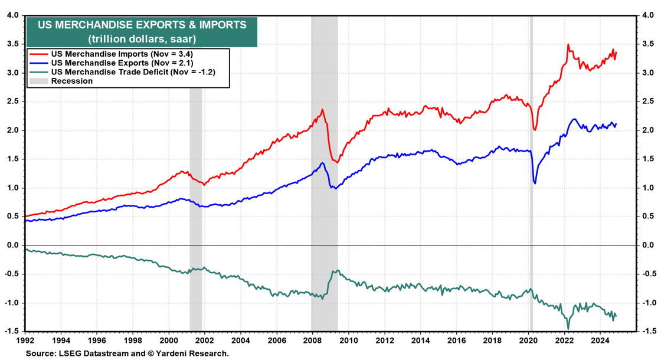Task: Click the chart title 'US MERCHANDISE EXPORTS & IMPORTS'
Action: (142, 25)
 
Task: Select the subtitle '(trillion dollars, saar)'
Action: (142, 39)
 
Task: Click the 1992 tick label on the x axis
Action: (25, 341)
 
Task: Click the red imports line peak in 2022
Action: (568, 44)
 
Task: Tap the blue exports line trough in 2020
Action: (535, 183)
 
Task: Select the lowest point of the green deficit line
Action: (568, 329)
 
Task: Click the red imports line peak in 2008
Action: (322, 109)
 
